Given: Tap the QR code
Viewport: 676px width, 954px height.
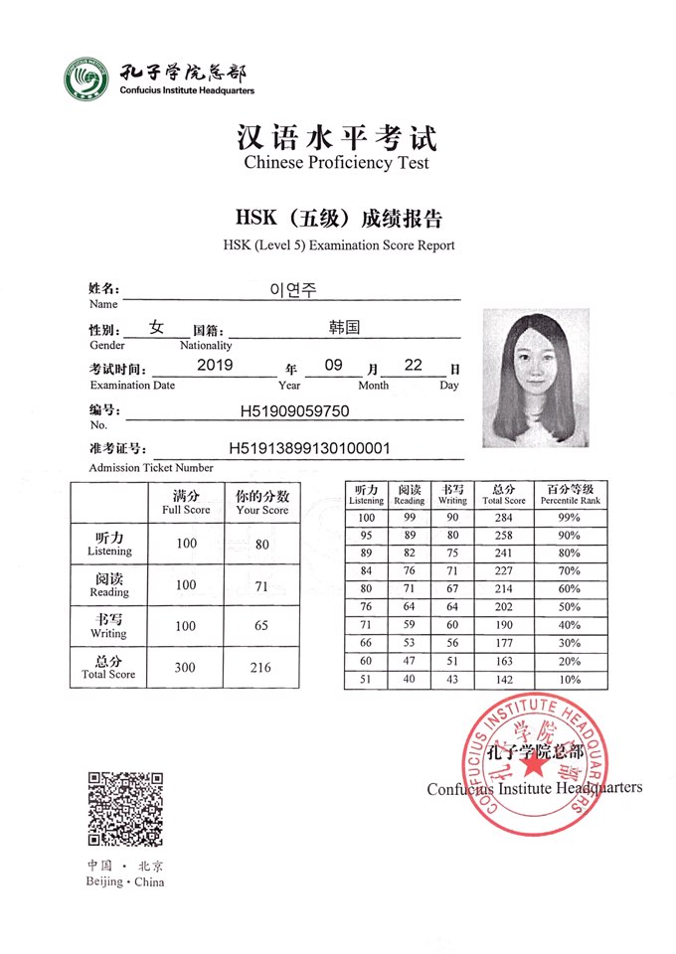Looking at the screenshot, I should click(125, 809).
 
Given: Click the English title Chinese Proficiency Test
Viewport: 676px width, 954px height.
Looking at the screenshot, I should click(337, 163).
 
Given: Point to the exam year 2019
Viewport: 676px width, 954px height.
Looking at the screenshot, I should click(215, 366).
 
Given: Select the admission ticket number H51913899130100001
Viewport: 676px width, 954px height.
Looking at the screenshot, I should click(309, 448).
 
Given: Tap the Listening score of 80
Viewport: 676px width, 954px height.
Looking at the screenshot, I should click(261, 544).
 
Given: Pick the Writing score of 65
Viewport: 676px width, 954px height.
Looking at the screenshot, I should click(261, 626).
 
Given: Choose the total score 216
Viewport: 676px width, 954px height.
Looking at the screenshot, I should click(261, 668).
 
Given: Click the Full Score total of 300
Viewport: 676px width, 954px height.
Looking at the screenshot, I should click(186, 668).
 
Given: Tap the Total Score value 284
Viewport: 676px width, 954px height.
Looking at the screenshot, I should click(502, 518).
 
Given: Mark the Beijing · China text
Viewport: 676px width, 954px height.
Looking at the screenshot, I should click(125, 881).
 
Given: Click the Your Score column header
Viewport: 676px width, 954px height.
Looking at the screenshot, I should click(261, 501).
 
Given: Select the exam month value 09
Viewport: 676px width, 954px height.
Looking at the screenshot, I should click(333, 366).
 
